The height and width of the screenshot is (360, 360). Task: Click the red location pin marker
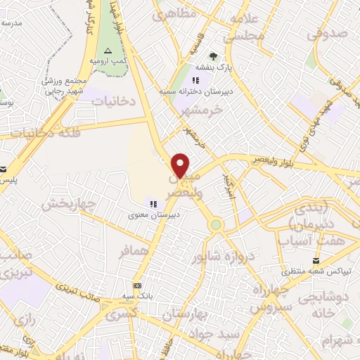(x=181, y=165)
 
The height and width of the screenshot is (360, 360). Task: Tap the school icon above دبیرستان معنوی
(x=153, y=203)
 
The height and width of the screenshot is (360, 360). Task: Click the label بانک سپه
(x=138, y=297)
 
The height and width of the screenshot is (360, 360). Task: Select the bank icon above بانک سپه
(x=138, y=285)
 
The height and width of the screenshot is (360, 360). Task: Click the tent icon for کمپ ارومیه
(x=108, y=51)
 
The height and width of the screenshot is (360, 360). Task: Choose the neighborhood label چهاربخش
(x=67, y=205)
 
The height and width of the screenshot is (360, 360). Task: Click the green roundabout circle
(x=216, y=225)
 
